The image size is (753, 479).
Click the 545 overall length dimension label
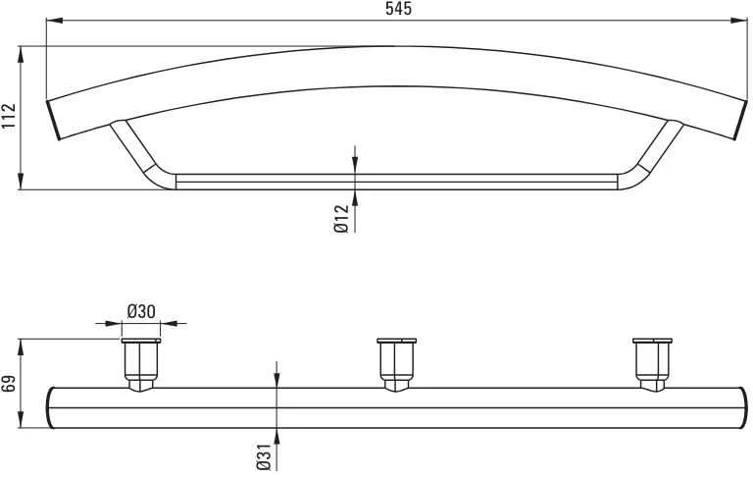tap(398, 9)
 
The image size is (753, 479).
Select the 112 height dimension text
tap(10, 116)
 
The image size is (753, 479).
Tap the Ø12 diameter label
tap(340, 219)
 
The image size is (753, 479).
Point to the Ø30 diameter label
tap(141, 311)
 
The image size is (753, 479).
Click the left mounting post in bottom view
tap(141, 365)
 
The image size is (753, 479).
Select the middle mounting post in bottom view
tap(396, 365)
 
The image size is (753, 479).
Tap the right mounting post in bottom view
tap(652, 365)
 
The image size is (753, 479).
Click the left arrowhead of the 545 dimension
tap(54, 21)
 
